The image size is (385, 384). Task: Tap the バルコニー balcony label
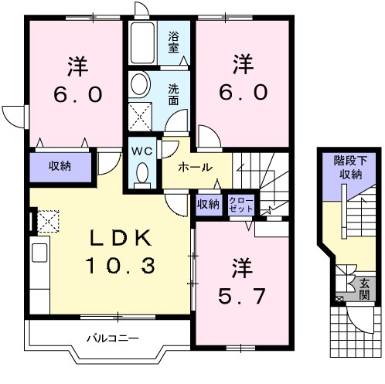click(x=111, y=338)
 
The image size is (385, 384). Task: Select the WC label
click(x=141, y=151)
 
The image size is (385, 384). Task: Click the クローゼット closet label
click(x=240, y=204)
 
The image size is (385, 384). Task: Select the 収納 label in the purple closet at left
click(x=60, y=166)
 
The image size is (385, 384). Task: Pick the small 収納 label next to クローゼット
click(x=207, y=204)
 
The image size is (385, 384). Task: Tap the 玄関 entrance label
click(x=364, y=289)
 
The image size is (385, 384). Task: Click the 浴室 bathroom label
click(x=175, y=42)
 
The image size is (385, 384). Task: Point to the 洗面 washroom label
click(x=174, y=94)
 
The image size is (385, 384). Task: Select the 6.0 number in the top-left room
click(x=77, y=94)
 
